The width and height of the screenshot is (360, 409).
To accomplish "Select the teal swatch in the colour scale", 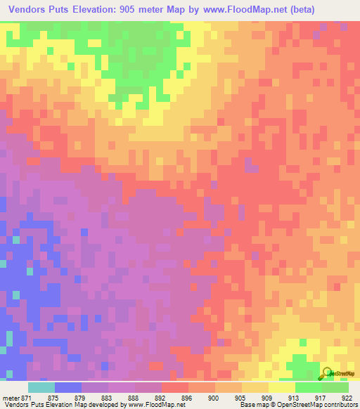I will (x=41, y=387).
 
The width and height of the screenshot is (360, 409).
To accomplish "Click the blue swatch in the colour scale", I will (x=68, y=387).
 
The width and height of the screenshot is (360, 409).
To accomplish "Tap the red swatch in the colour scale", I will (x=174, y=387).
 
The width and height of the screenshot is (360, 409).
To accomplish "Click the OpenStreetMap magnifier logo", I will (x=326, y=372).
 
